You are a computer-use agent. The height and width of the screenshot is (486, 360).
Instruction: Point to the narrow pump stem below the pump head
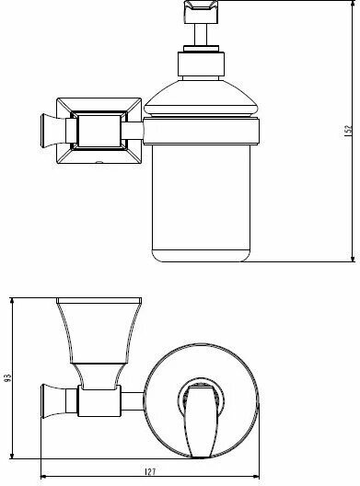coord(200,37)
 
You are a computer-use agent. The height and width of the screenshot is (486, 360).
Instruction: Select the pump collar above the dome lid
coord(200,64)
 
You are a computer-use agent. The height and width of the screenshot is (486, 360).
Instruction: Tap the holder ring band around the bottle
coord(200,129)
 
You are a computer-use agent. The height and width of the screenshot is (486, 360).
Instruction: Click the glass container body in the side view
coord(200,198)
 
